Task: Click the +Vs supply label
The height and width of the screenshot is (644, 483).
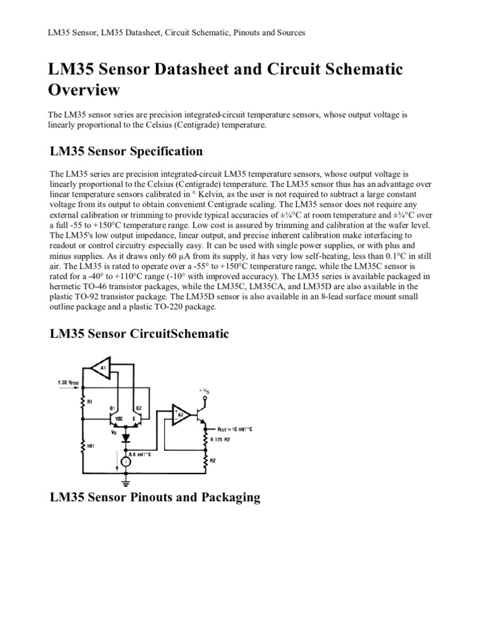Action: point(204,391)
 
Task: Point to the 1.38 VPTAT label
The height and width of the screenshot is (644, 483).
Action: point(71,382)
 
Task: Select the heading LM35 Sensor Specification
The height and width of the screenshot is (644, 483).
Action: point(126,151)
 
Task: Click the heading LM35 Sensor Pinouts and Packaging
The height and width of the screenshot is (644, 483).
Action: point(155,497)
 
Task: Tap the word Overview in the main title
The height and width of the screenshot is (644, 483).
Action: point(84,90)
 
